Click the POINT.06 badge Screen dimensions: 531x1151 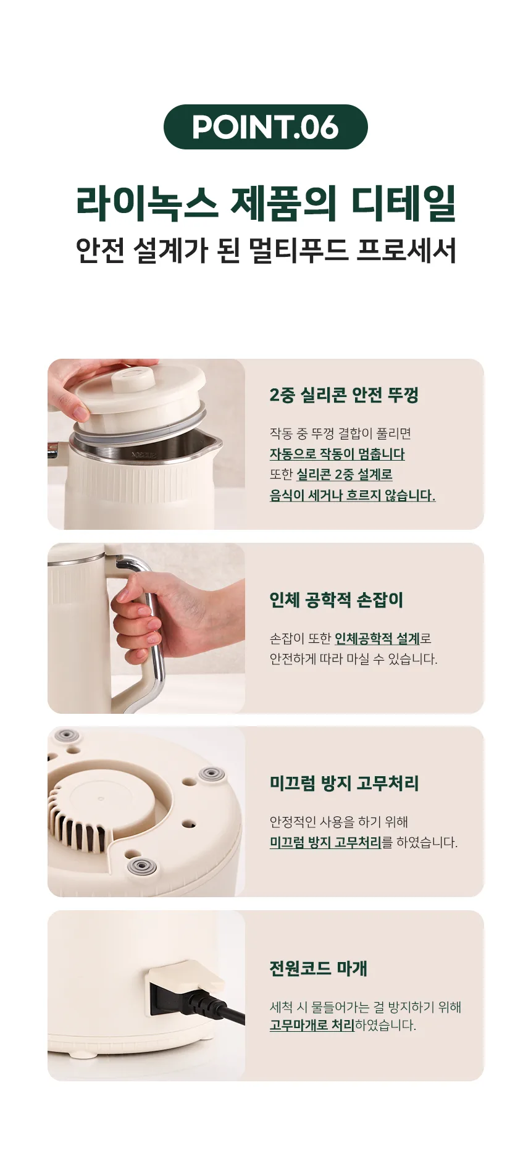click(265, 127)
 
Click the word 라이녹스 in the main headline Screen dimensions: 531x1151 click(147, 203)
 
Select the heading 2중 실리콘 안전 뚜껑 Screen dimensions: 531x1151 click(344, 395)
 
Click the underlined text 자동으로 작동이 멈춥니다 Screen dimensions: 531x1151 click(337, 454)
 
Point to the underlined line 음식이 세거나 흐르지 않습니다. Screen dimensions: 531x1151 click(353, 495)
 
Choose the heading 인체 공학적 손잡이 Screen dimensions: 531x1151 click(336, 600)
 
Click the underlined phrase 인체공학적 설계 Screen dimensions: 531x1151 click(377, 638)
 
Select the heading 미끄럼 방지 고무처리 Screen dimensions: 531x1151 click(344, 783)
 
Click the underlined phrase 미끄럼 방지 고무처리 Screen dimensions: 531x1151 click(325, 842)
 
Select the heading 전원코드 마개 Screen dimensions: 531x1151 click(318, 968)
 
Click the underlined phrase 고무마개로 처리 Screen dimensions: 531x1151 click(312, 1025)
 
